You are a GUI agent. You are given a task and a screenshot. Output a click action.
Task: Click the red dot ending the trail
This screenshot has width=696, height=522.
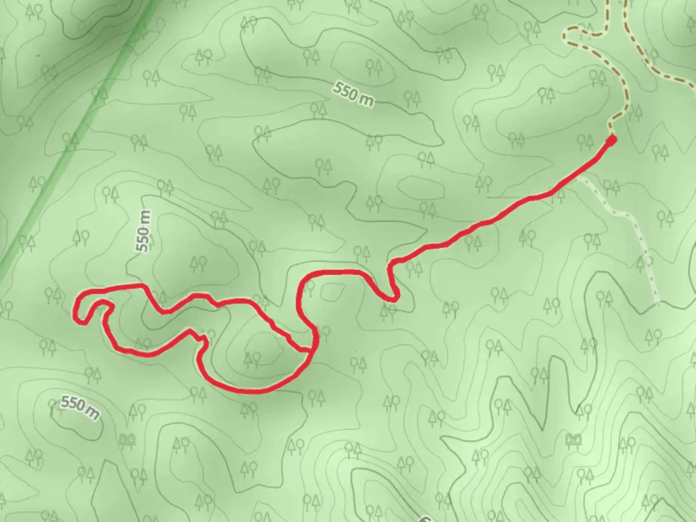(x=611, y=141)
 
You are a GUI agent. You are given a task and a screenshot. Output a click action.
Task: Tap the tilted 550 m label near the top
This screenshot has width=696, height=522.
(x=353, y=94)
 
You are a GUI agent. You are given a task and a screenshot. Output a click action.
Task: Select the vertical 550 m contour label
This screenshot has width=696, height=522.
(x=144, y=231)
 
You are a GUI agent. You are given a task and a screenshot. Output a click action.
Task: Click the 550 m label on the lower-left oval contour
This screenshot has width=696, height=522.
(x=80, y=407)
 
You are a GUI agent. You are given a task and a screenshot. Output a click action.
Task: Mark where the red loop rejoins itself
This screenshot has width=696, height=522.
(x=311, y=349)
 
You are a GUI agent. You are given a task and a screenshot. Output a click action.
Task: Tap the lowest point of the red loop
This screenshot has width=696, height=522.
(x=251, y=391)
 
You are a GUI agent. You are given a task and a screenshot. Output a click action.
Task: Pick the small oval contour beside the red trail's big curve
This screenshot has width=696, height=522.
(x=332, y=291)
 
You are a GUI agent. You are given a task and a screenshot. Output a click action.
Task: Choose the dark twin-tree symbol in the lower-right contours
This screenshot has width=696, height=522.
(x=574, y=440)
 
